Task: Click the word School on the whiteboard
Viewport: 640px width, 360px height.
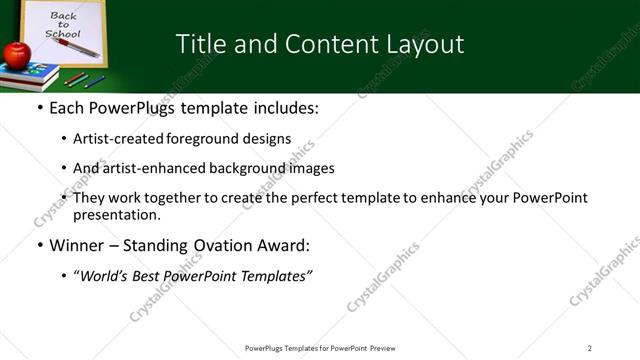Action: click(62, 34)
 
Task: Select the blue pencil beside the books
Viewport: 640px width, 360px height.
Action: click(95, 81)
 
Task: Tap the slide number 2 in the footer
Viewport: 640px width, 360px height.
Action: click(589, 348)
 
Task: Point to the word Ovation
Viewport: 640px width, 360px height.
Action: click(221, 246)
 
